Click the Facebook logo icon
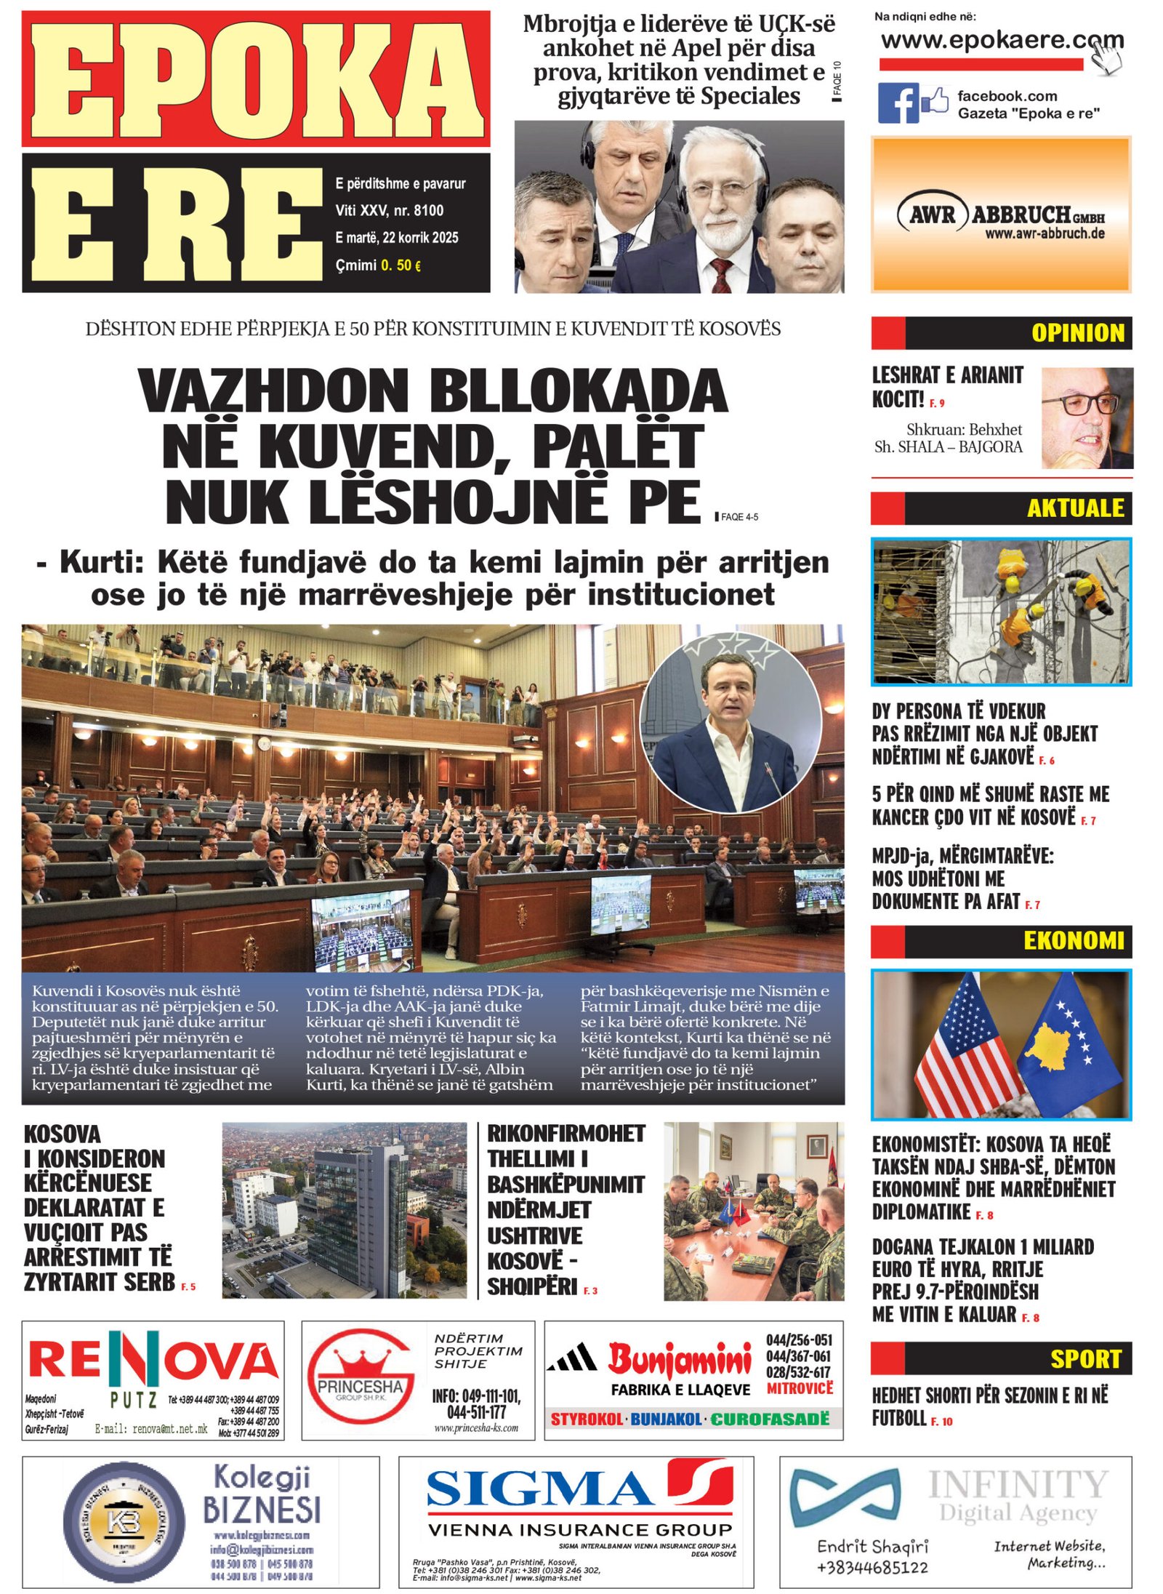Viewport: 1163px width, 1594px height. tap(898, 103)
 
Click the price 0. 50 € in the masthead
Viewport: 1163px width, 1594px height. tap(401, 265)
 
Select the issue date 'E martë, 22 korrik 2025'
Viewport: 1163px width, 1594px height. tap(396, 237)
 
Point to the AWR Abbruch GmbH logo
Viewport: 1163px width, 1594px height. tap(1000, 216)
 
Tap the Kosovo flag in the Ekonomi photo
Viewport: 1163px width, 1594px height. tap(1069, 1040)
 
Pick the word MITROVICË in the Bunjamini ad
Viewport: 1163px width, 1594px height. tap(799, 1388)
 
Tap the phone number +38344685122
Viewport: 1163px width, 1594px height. tap(872, 1567)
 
